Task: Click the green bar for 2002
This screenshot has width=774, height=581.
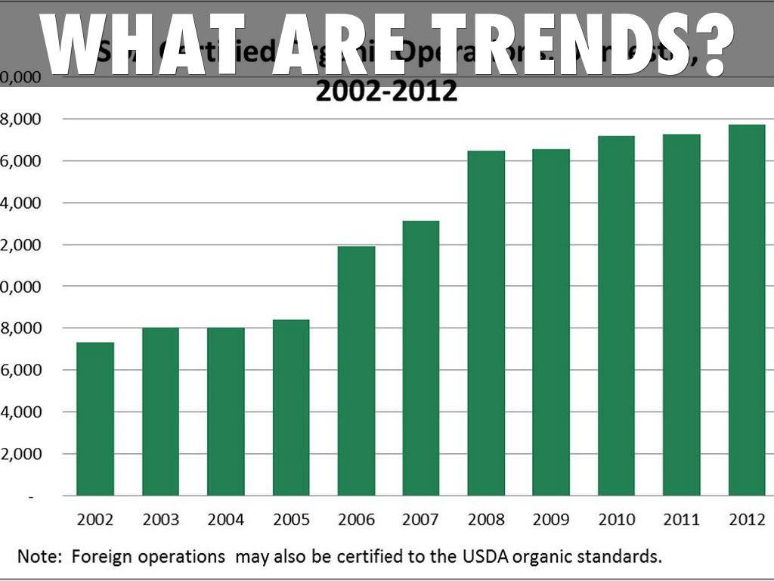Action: (x=95, y=419)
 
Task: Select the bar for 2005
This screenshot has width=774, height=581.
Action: (x=290, y=408)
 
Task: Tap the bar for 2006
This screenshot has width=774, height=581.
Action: (x=356, y=371)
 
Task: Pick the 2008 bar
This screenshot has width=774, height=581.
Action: (x=486, y=323)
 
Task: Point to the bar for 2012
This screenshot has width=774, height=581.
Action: (x=747, y=310)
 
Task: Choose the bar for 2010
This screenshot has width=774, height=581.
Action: (x=616, y=315)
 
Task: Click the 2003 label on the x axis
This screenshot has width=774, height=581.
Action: (x=160, y=520)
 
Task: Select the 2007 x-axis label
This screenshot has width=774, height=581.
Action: (x=421, y=520)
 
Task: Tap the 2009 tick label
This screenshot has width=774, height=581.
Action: (x=551, y=520)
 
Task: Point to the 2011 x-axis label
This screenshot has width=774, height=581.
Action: (x=681, y=520)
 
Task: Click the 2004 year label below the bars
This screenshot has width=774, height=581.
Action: (x=225, y=520)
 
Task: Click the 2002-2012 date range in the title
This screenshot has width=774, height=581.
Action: (x=386, y=92)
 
